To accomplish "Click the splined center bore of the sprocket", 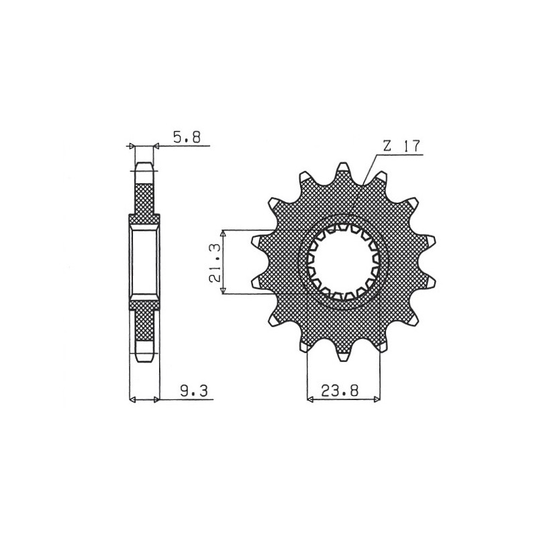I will pyautogui.click(x=344, y=261).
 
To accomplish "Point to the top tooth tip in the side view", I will pyautogui.click(x=144, y=165).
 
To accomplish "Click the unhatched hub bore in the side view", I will pyautogui.click(x=144, y=261).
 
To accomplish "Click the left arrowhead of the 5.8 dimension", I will pyautogui.click(x=132, y=145).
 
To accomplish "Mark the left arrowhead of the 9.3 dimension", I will pyautogui.click(x=132, y=399).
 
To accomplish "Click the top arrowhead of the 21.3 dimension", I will pyautogui.click(x=223, y=232).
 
